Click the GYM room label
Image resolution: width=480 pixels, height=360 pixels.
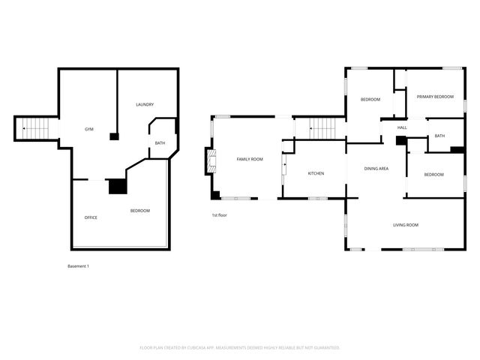click(88, 130)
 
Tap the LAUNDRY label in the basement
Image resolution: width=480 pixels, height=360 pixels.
click(145, 104)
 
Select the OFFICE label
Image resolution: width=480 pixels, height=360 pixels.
click(91, 217)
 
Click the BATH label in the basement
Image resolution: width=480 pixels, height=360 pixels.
click(160, 143)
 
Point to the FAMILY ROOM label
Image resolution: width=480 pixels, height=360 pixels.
click(250, 159)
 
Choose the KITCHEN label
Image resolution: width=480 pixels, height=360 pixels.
click(316, 173)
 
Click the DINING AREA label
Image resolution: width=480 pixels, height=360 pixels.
click(376, 169)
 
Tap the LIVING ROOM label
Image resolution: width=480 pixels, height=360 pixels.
click(406, 225)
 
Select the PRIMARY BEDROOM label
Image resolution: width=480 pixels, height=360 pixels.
click(435, 97)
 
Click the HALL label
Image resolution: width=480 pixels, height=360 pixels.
click(402, 127)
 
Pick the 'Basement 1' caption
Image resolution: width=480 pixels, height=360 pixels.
click(78, 266)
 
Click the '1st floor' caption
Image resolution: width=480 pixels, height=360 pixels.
click(219, 215)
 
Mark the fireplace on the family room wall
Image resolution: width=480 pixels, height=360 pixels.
click(211, 160)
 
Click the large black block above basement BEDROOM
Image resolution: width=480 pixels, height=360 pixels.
click(116, 186)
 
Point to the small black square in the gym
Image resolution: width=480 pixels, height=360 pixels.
click(114, 136)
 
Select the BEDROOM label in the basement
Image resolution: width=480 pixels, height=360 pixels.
click(140, 211)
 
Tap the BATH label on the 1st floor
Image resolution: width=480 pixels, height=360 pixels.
click(439, 136)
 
